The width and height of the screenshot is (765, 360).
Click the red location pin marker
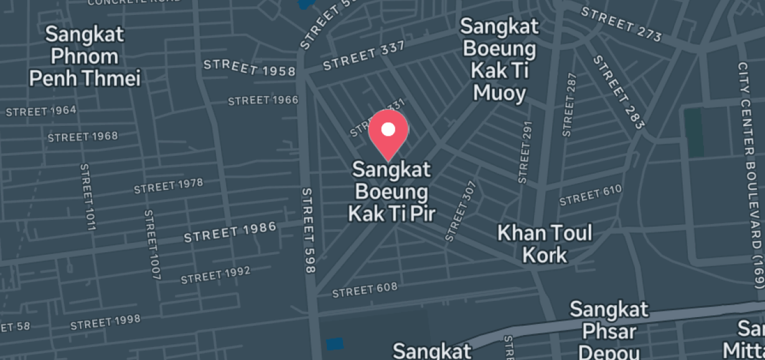coord(388,133)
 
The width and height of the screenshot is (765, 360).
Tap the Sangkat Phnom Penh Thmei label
coord(85,56)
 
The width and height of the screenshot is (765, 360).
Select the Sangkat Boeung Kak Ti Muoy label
coord(499,59)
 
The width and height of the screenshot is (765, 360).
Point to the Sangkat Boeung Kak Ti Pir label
coord(391,191)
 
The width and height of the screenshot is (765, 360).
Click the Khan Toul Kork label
coord(545,244)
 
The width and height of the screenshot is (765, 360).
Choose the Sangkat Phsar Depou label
coord(609,329)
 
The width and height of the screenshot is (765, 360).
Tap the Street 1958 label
coord(250,67)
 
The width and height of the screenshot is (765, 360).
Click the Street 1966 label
coord(263,100)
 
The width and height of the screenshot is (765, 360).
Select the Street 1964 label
coord(41,111)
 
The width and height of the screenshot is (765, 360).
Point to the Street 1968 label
coord(82,136)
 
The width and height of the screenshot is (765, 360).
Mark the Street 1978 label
coord(168,186)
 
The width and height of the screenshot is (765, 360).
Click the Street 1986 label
coord(230,232)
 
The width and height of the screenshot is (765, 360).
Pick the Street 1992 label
coord(215,274)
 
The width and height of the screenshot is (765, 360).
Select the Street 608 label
coord(364,290)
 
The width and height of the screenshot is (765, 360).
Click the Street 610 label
coord(590,196)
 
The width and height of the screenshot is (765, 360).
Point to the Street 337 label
coord(364,55)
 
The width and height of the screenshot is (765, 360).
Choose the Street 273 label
coord(622,24)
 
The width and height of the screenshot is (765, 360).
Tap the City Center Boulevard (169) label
coord(750,174)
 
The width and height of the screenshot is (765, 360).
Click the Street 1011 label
coord(87,197)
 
